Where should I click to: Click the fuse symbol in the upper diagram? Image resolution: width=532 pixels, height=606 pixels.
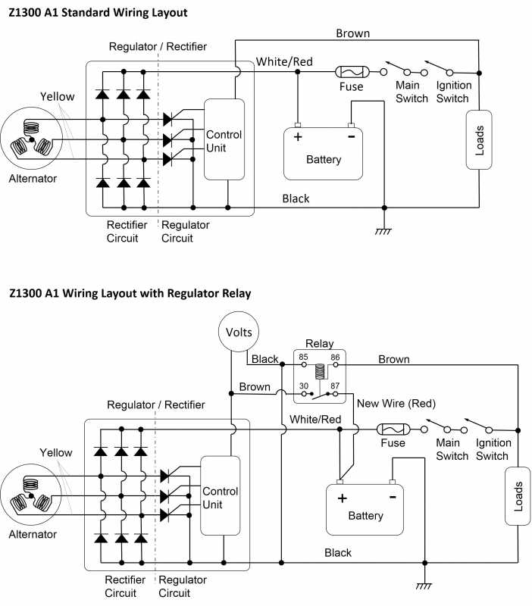point(351,72)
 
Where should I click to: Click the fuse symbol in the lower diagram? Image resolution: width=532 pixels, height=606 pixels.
point(393,430)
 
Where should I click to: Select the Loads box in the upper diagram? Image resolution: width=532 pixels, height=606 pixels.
point(479,139)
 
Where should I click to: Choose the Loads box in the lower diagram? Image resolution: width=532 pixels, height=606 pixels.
point(519,497)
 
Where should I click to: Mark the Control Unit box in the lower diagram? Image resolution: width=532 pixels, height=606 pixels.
point(220,496)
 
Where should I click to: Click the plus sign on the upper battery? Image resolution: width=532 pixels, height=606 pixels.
point(298,138)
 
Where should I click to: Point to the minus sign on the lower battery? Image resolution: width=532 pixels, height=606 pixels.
point(392,496)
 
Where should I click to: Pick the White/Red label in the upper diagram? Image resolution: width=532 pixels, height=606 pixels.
point(284,61)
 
